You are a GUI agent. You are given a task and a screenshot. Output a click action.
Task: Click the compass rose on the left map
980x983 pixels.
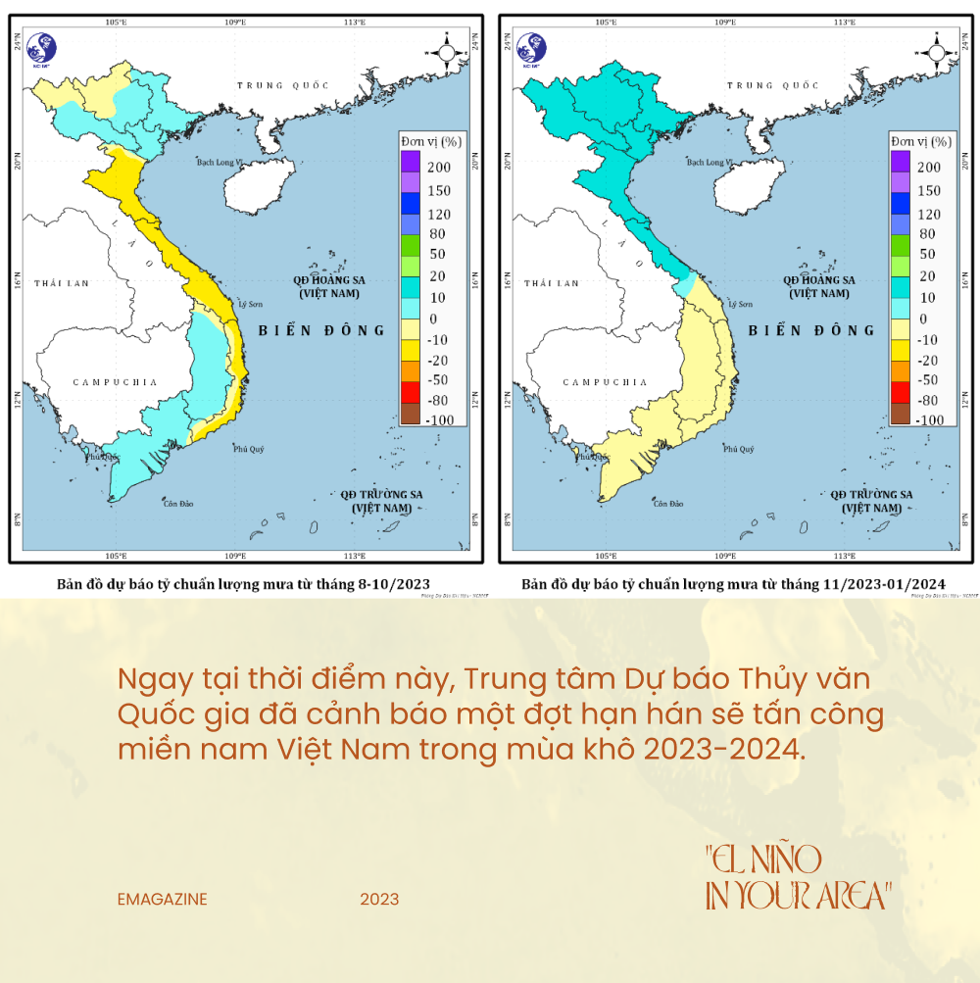point(446,51)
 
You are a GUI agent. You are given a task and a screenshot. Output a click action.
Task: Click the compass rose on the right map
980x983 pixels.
point(936,51)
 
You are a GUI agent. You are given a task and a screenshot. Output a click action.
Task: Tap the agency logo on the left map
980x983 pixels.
point(42,47)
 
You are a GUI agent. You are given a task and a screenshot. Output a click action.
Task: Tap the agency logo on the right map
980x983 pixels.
point(532,47)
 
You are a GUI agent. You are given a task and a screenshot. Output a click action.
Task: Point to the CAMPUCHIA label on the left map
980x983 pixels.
point(115,382)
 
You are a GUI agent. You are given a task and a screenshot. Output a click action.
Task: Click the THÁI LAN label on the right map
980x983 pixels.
point(551,283)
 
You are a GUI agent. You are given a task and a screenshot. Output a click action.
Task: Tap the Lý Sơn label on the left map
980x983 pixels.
point(252,304)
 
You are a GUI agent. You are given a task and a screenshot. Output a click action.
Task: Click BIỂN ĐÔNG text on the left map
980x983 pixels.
point(321,330)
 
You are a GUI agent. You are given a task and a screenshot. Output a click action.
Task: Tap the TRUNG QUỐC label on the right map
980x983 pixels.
point(772,86)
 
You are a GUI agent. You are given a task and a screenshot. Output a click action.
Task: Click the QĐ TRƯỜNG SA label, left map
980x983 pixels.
point(381,494)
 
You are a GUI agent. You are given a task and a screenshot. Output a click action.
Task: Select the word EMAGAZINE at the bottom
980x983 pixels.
point(162,899)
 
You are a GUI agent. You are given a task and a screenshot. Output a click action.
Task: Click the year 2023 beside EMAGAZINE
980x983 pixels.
point(379,899)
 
